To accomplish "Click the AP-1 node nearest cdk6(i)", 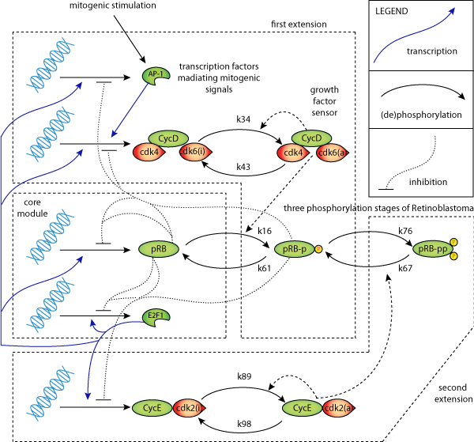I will (156, 74).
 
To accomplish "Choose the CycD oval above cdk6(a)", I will (311, 138).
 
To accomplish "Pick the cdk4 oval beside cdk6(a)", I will (292, 153).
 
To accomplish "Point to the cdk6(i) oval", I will (194, 152).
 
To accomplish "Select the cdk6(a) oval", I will (332, 153).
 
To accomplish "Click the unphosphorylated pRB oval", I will (159, 249).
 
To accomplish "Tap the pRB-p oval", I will (294, 249).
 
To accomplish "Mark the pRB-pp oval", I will (432, 249).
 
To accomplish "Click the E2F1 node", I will (156, 316).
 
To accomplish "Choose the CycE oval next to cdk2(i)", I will (152, 408).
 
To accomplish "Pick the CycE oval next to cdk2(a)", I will (302, 408).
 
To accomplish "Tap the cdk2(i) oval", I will (188, 408).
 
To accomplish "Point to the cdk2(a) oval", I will (337, 408).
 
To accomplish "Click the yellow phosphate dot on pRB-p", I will (318, 249).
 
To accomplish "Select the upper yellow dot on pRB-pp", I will (453, 242).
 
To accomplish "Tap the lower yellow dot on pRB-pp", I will (453, 256).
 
